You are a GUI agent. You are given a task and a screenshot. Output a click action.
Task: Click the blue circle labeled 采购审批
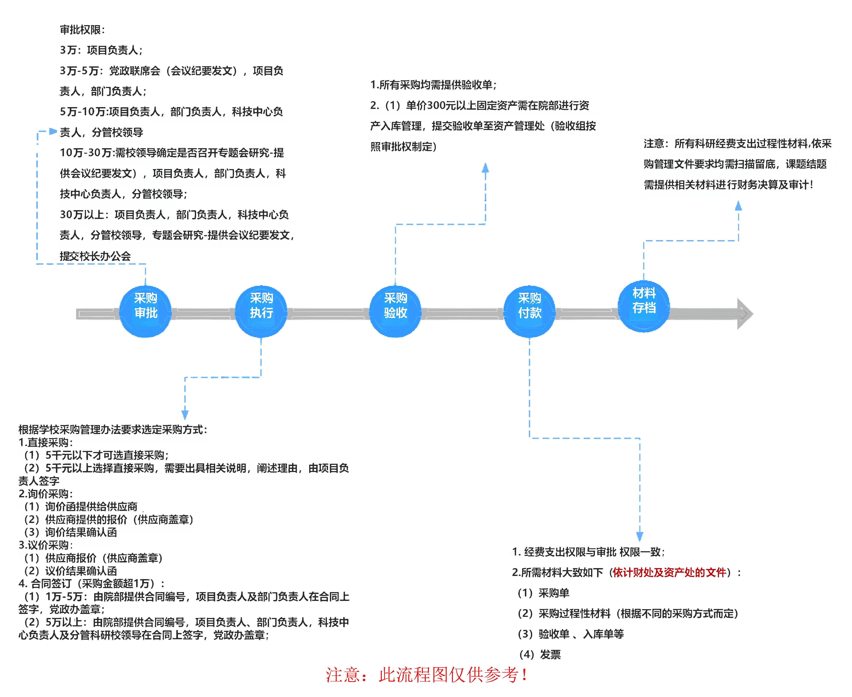[x=145, y=312]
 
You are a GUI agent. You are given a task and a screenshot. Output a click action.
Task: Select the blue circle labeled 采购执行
[x=261, y=312]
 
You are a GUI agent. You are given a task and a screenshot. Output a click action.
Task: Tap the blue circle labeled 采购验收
[x=395, y=312]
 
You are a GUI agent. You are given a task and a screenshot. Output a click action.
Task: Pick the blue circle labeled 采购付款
[x=529, y=312]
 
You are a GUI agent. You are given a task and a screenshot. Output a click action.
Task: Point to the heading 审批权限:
[x=82, y=30]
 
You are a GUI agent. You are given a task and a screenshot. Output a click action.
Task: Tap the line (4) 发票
[x=540, y=654]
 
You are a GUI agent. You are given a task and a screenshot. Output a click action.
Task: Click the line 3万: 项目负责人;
[x=101, y=50]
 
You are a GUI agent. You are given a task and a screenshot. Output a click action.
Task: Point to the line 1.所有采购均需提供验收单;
[x=433, y=85]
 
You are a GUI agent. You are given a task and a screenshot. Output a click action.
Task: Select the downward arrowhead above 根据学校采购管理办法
[x=185, y=415]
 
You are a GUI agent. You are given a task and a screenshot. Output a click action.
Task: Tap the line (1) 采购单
[x=543, y=593]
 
